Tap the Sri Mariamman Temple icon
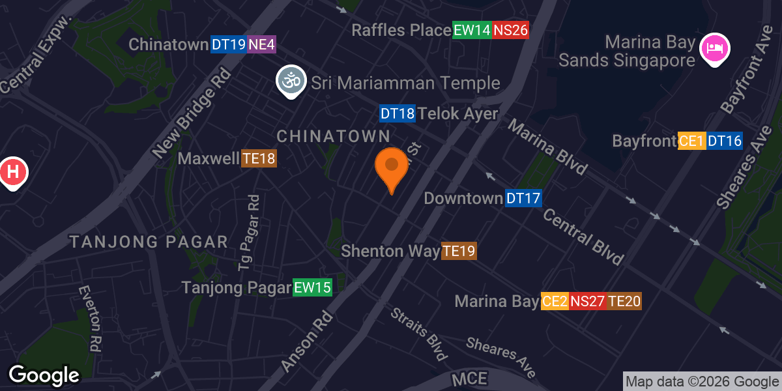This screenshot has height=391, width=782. (291, 81)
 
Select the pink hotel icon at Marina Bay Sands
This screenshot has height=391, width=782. (715, 50)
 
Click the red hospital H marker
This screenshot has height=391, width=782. (12, 173)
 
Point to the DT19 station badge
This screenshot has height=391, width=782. (229, 45)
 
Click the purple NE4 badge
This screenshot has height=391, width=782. (262, 45)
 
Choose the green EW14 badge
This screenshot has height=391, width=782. (472, 30)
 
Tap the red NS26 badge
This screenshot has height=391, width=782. (510, 30)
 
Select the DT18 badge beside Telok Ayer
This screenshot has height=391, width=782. (398, 114)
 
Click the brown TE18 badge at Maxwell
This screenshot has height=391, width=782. (259, 158)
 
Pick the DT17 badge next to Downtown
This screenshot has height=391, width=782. (523, 198)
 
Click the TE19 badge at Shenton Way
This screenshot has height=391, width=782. (459, 251)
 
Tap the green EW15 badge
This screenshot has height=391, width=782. (313, 287)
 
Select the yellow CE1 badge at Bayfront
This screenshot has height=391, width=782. (692, 141)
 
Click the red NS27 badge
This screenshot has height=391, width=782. (588, 301)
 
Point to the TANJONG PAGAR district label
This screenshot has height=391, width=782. (149, 242)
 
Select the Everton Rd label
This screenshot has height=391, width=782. (92, 319)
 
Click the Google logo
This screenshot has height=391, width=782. (44, 375)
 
